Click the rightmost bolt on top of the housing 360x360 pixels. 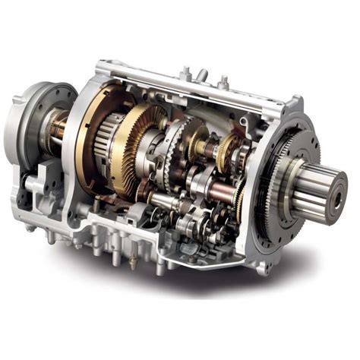click(x=223, y=81)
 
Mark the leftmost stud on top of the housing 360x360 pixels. click(x=184, y=74)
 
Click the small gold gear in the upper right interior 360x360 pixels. click(x=225, y=152)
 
